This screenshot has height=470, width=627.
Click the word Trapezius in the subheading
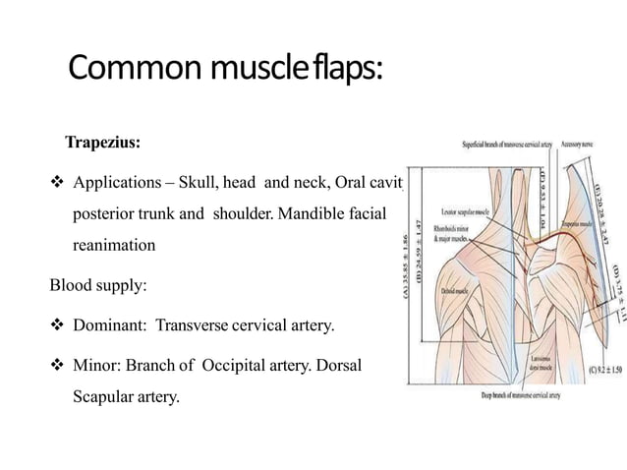101,143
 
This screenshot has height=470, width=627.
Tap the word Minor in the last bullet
94,365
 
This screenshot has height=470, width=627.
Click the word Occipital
241,365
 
